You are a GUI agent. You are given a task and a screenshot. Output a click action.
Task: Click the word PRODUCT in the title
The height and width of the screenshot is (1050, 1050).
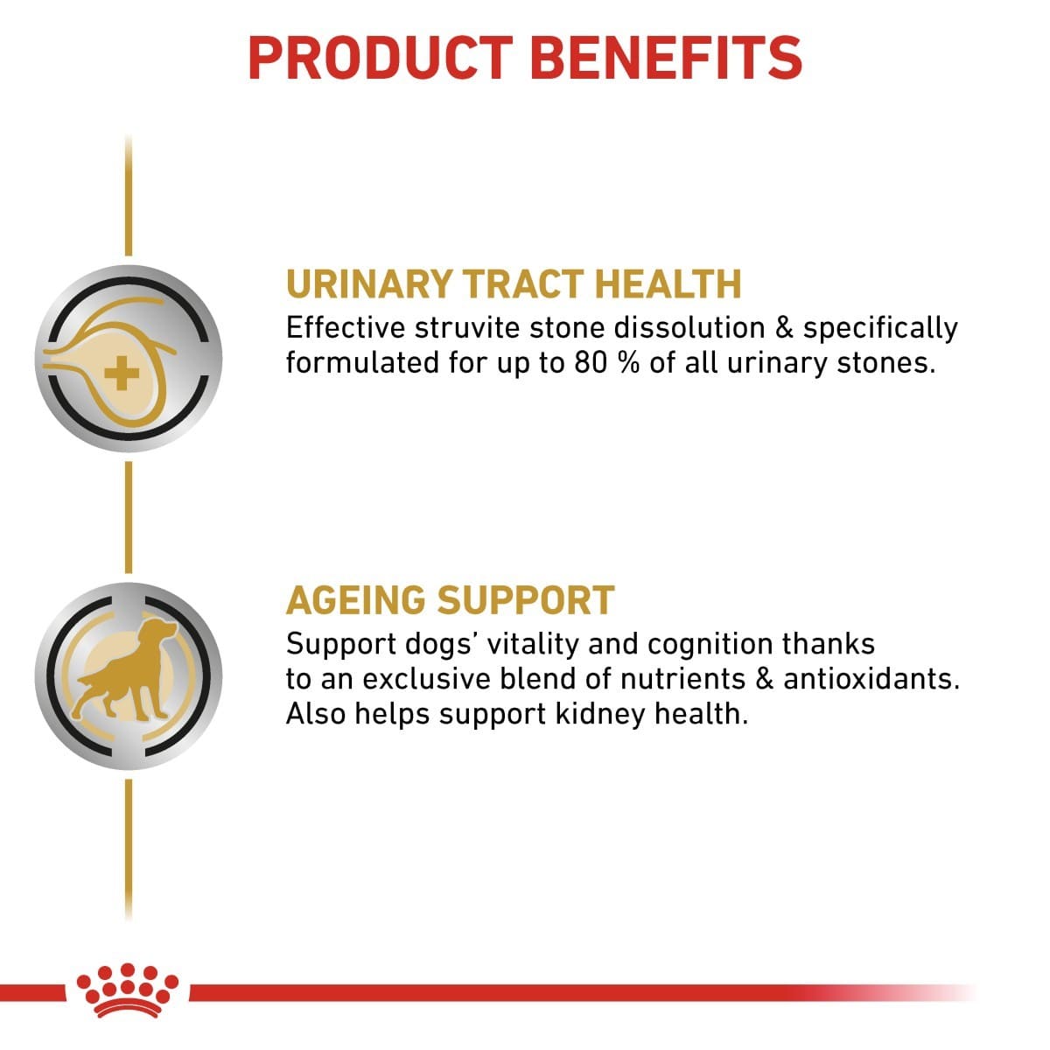379,57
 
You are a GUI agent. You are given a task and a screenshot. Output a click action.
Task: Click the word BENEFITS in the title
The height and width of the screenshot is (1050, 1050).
667,57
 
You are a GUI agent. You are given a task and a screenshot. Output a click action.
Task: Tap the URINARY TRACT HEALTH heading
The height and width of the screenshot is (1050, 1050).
514,284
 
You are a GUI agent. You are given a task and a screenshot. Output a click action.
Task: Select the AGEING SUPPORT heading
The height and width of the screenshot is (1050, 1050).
450,600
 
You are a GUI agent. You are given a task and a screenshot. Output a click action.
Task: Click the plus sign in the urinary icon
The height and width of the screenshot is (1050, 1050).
121,376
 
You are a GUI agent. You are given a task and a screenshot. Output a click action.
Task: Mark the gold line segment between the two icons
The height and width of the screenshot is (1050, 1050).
129,516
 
